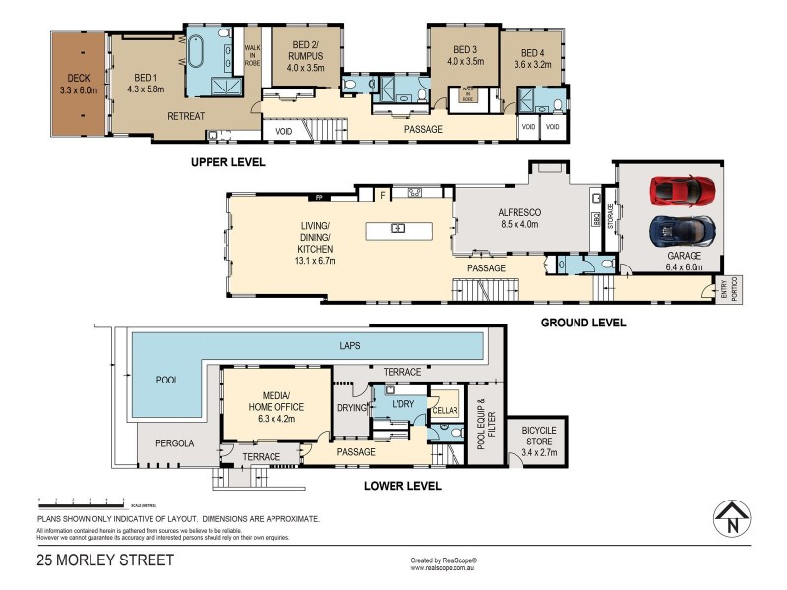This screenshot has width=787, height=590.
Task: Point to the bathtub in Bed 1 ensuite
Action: click(195, 50)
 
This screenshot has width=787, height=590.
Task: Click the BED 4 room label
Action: click(532, 59)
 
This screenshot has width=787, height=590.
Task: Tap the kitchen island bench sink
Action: click(398, 229)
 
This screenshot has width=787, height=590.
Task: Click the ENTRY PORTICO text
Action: click(727, 289)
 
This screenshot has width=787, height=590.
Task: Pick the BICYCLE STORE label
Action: click(532, 436)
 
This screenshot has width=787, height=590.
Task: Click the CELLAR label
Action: click(445, 410)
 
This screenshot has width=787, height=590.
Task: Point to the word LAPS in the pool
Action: click(350, 346)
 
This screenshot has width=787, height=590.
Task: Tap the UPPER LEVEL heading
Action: click(227, 161)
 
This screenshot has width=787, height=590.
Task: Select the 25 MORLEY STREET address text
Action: click(105, 560)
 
